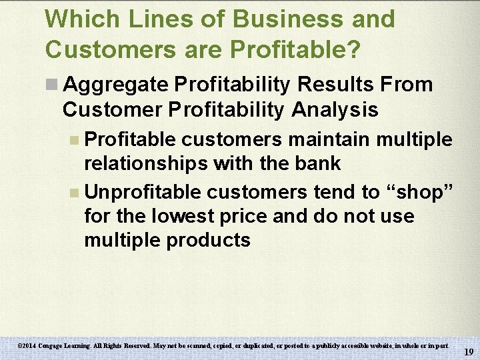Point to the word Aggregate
[x=117, y=85]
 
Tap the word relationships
[x=146, y=163]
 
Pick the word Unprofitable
[x=143, y=193]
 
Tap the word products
[x=208, y=240]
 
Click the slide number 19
[x=469, y=352]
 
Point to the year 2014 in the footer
[x=30, y=346]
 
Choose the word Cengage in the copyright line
[x=54, y=346]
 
